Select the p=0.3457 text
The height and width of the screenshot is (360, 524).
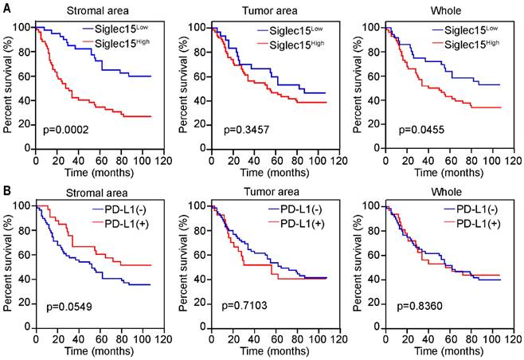247,128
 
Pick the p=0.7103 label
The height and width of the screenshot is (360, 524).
247,305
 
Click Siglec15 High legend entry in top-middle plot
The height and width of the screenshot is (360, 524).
295,42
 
